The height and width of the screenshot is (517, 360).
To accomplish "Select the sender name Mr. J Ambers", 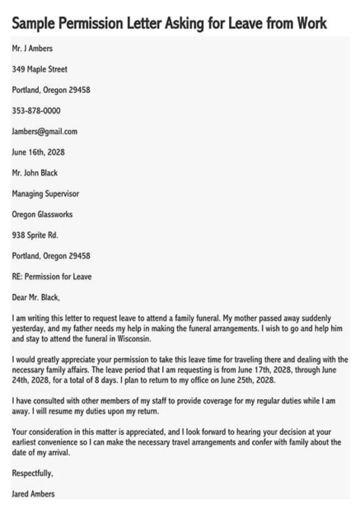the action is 32,49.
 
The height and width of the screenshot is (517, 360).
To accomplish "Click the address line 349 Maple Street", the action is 40,69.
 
